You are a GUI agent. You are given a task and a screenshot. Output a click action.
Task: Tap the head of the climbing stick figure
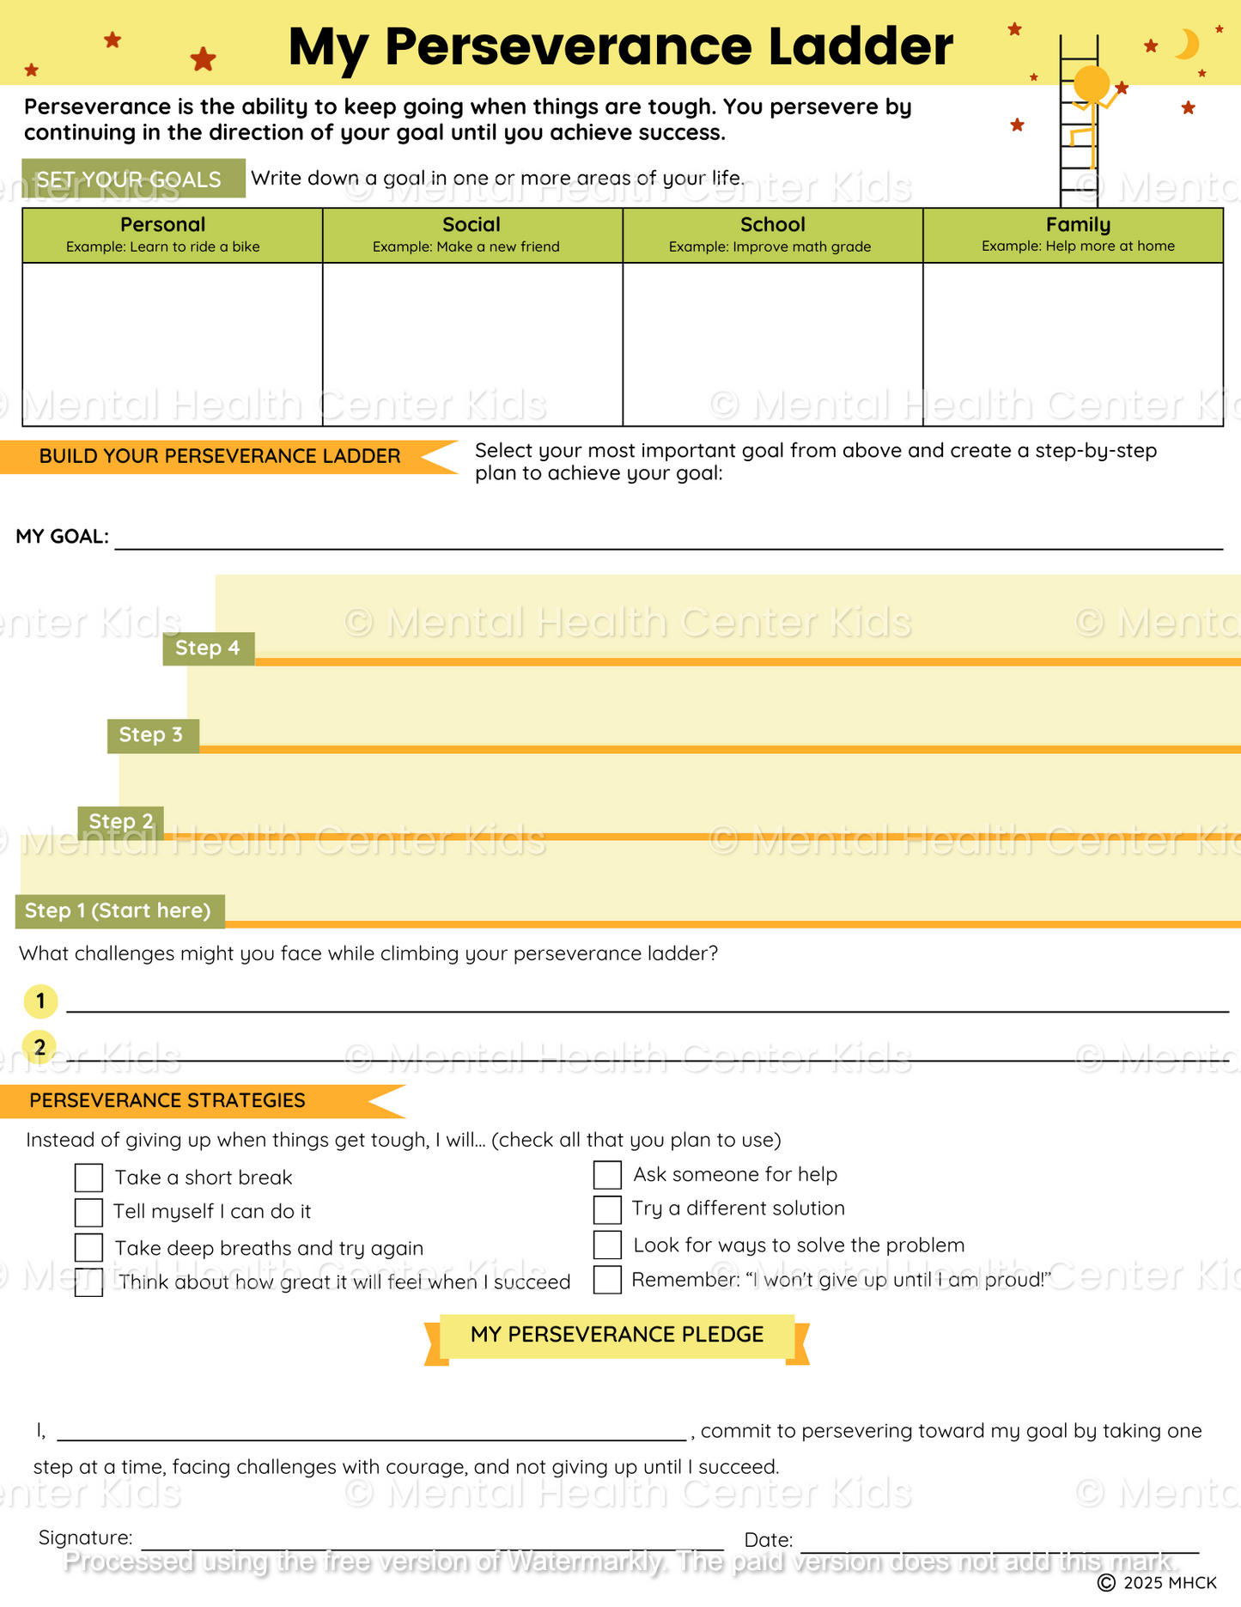tap(1092, 84)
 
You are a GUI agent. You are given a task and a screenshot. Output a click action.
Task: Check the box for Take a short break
tap(88, 1178)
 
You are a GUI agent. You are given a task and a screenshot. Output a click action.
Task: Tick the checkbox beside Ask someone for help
tap(607, 1175)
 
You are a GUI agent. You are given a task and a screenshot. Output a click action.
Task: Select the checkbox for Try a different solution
tap(607, 1209)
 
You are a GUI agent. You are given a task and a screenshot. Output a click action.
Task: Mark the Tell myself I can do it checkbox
tap(88, 1212)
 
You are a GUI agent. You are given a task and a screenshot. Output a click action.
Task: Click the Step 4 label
tap(208, 648)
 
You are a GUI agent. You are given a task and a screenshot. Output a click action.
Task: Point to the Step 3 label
tap(152, 735)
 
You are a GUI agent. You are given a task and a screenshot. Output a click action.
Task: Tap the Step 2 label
tap(121, 822)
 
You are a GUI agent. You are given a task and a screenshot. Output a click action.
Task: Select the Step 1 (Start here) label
tap(119, 911)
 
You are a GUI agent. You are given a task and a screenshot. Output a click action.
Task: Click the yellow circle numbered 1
tap(40, 1001)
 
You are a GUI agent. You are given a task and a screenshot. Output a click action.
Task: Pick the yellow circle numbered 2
tap(40, 1047)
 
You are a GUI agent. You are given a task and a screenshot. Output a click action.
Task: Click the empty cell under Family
tap(1073, 344)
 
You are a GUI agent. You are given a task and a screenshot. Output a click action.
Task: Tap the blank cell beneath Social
tap(472, 344)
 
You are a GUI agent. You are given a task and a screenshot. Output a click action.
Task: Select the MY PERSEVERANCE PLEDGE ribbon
tap(617, 1335)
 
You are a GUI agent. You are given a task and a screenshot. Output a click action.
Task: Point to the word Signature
tap(85, 1537)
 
